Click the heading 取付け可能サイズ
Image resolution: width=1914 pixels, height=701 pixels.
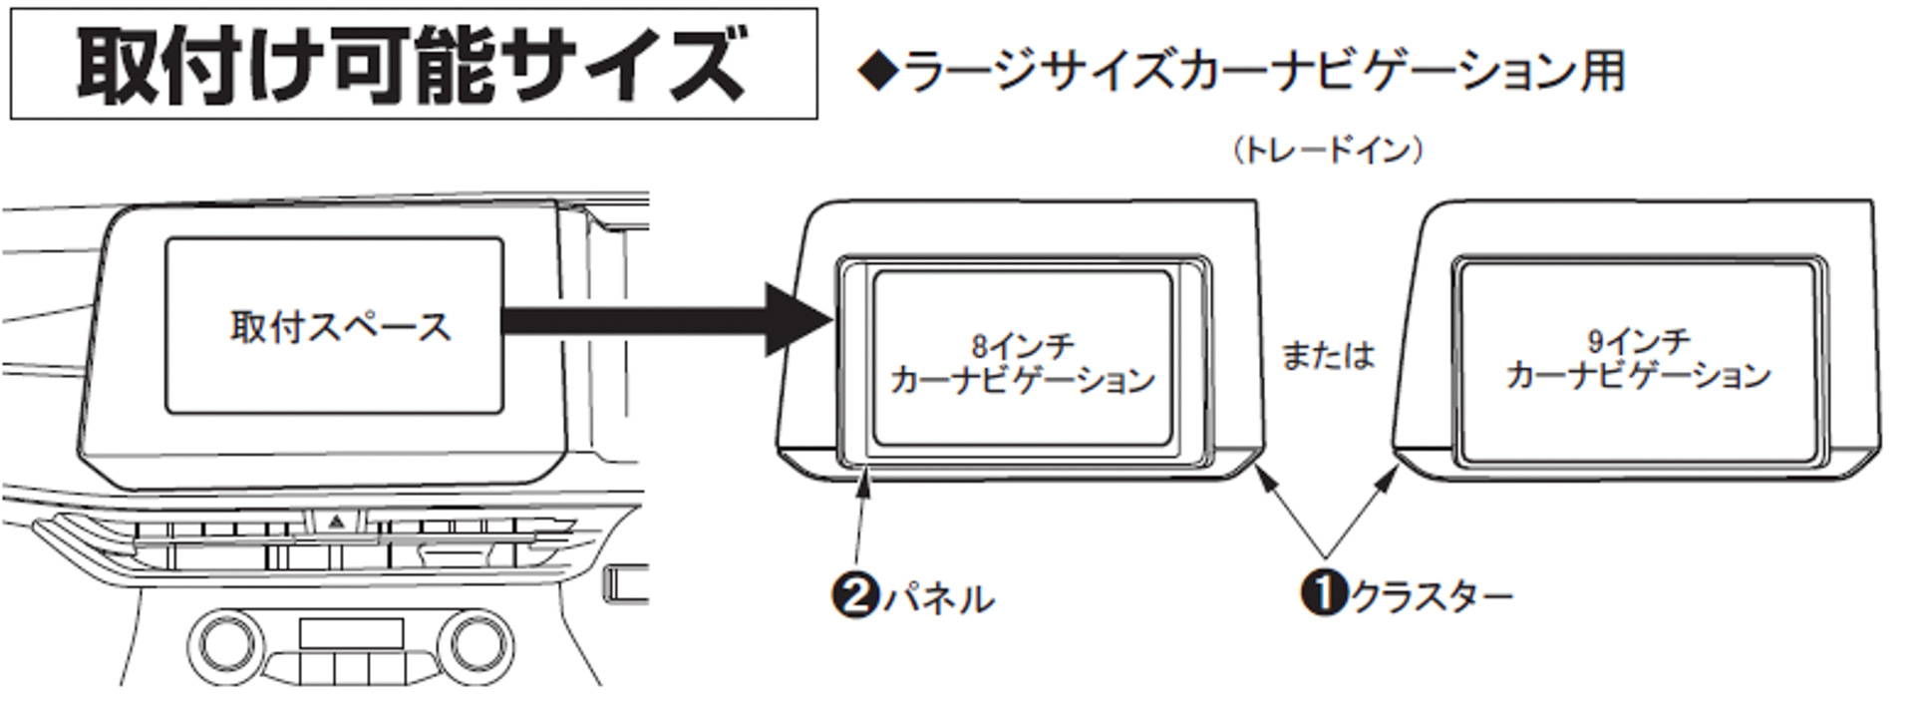point(412,65)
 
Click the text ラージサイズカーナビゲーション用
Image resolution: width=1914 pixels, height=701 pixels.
point(1264,72)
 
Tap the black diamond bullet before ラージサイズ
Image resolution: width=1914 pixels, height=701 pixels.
point(877,72)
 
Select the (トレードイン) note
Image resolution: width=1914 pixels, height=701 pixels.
point(1327,151)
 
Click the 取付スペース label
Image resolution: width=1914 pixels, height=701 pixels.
point(340,327)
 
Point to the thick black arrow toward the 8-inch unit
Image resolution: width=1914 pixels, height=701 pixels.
point(658,320)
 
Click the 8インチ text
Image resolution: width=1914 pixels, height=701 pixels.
point(1023,346)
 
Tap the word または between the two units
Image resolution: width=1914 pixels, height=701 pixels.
point(1327,355)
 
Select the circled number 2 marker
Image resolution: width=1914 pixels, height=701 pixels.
point(854,596)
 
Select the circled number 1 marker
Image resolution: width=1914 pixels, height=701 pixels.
point(1324,593)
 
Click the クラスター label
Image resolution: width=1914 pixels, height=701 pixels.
point(1432,595)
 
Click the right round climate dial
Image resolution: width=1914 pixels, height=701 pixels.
point(476,643)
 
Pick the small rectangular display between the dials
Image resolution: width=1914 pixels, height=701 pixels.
point(351,633)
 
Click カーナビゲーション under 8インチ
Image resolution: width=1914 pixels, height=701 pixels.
point(1023,380)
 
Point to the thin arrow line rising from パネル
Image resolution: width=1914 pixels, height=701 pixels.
point(861,524)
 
